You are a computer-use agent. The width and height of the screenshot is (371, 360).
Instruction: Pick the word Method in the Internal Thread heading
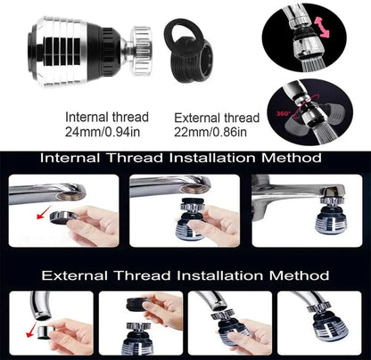(x=288, y=158)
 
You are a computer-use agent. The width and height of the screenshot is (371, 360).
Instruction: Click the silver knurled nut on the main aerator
(x=139, y=45)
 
